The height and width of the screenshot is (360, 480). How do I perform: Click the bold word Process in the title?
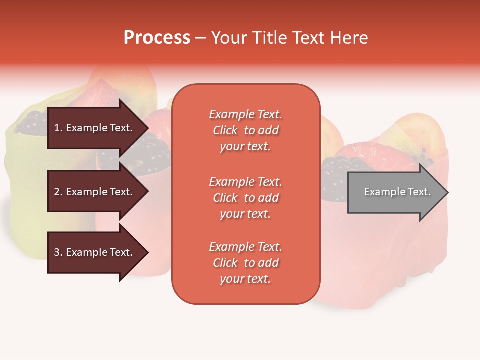(x=157, y=38)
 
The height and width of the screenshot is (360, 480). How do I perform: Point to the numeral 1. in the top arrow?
(x=58, y=128)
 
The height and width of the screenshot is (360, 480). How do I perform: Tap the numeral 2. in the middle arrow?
(x=58, y=192)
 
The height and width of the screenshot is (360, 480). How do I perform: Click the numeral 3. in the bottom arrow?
(x=58, y=252)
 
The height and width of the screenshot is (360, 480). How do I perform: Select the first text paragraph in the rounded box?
(x=245, y=130)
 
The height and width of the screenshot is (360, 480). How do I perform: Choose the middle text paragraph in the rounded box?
(x=245, y=198)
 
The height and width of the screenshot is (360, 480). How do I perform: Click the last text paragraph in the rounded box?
(x=245, y=263)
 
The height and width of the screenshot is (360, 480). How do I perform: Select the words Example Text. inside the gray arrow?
(x=397, y=192)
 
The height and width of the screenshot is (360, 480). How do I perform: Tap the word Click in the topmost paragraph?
(x=225, y=130)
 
